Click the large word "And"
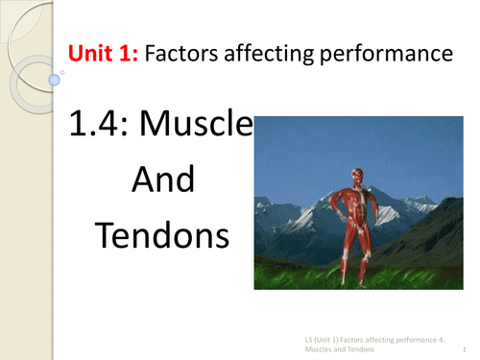click(x=161, y=180)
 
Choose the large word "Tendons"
click(x=161, y=234)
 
